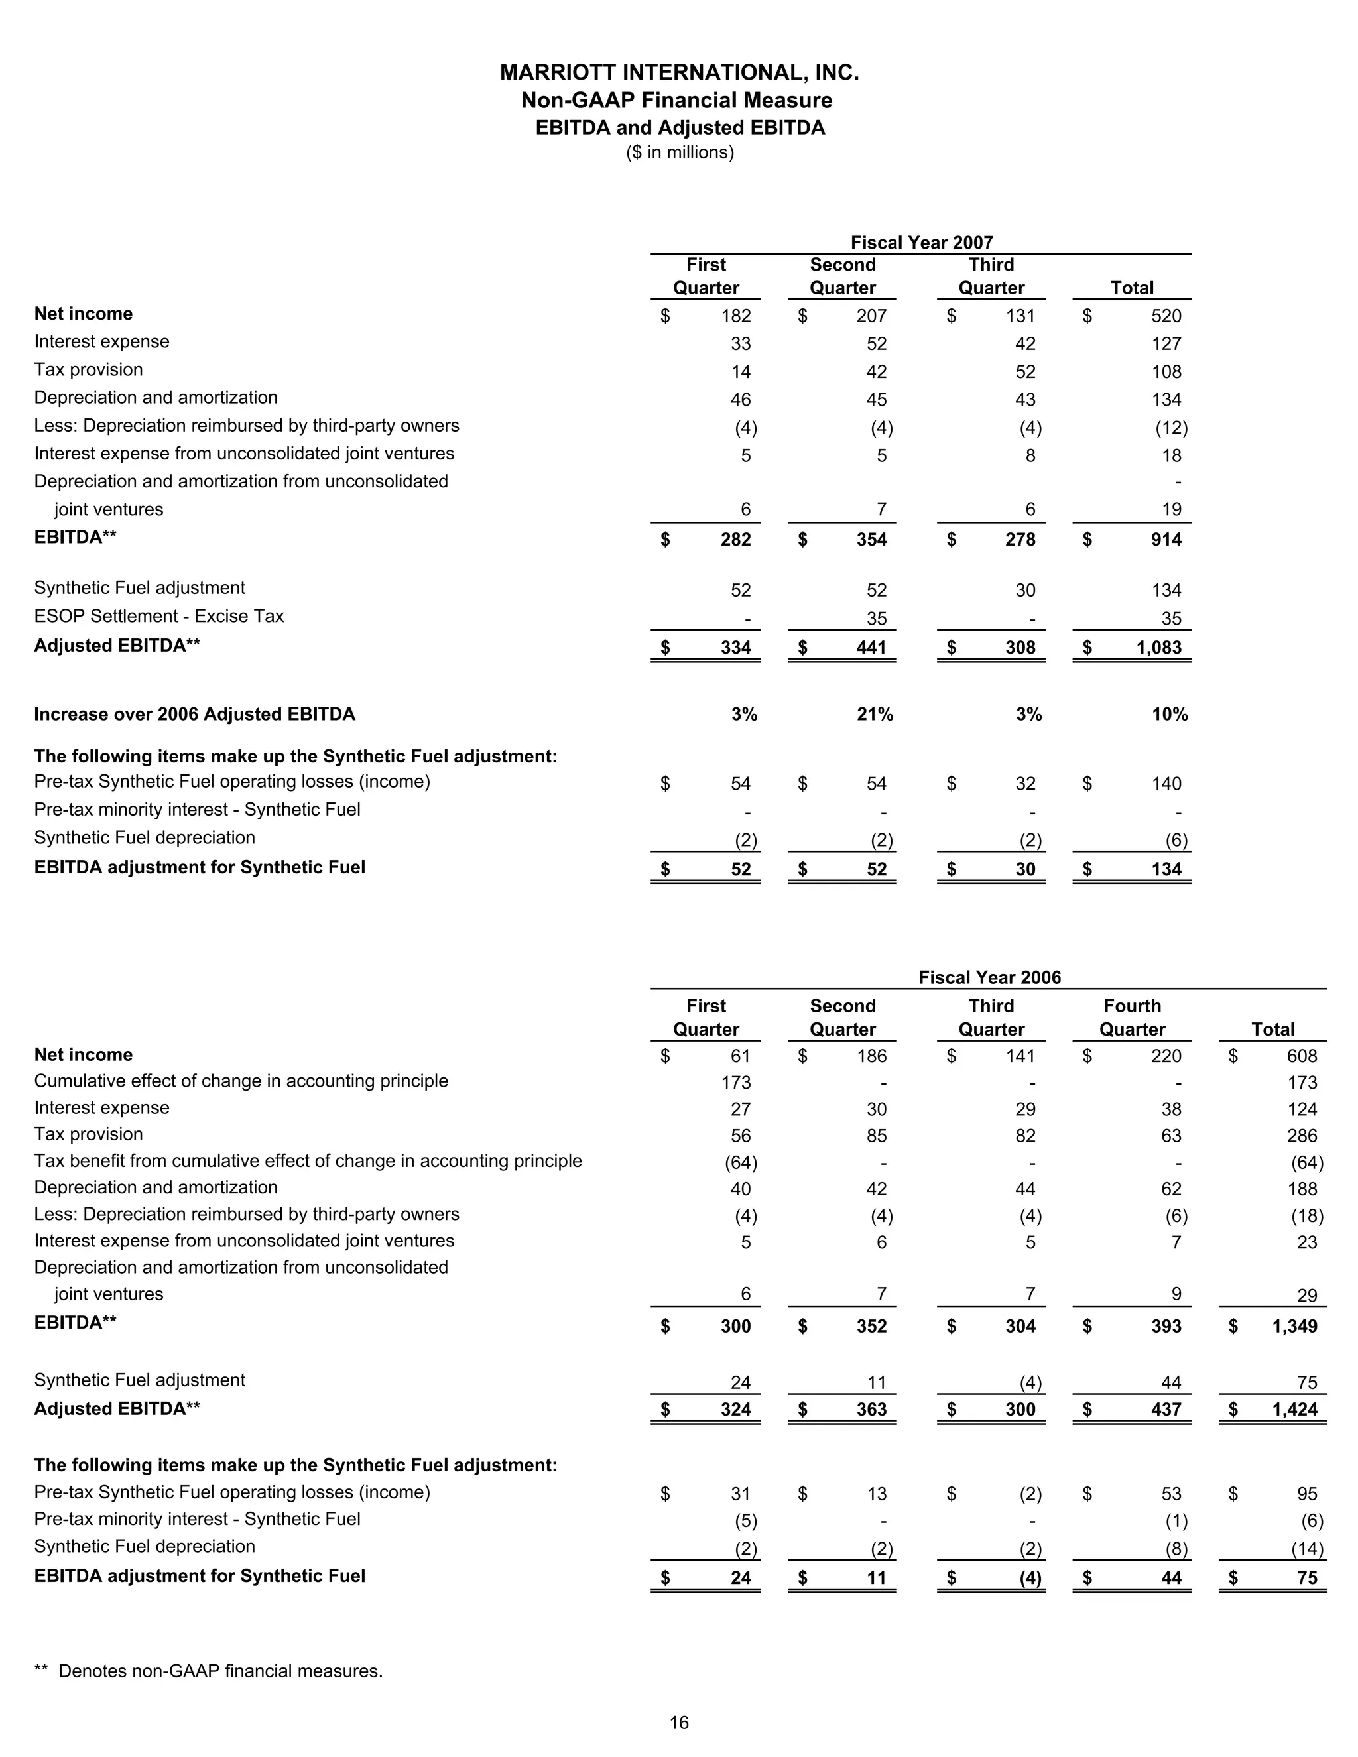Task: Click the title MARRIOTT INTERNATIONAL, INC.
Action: pyautogui.click(x=679, y=72)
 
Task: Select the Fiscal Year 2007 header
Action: pyautogui.click(x=921, y=242)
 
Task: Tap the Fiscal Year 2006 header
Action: pyautogui.click(x=989, y=977)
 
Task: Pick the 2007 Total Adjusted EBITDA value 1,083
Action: pyautogui.click(x=1158, y=648)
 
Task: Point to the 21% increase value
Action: pyautogui.click(x=875, y=714)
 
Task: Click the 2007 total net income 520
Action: pyautogui.click(x=1166, y=316)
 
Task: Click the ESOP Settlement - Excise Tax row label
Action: pyautogui.click(x=158, y=616)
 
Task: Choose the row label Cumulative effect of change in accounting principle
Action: pyautogui.click(x=241, y=1081)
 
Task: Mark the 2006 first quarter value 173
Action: pyautogui.click(x=735, y=1083)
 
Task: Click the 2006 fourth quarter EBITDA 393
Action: pyautogui.click(x=1166, y=1326)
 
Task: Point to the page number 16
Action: pyautogui.click(x=679, y=1723)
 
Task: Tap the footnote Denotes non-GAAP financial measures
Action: pyautogui.click(x=219, y=1671)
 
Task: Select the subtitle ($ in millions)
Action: pyautogui.click(x=680, y=153)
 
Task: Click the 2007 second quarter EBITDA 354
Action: pyautogui.click(x=871, y=540)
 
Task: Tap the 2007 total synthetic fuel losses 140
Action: pyautogui.click(x=1166, y=784)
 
